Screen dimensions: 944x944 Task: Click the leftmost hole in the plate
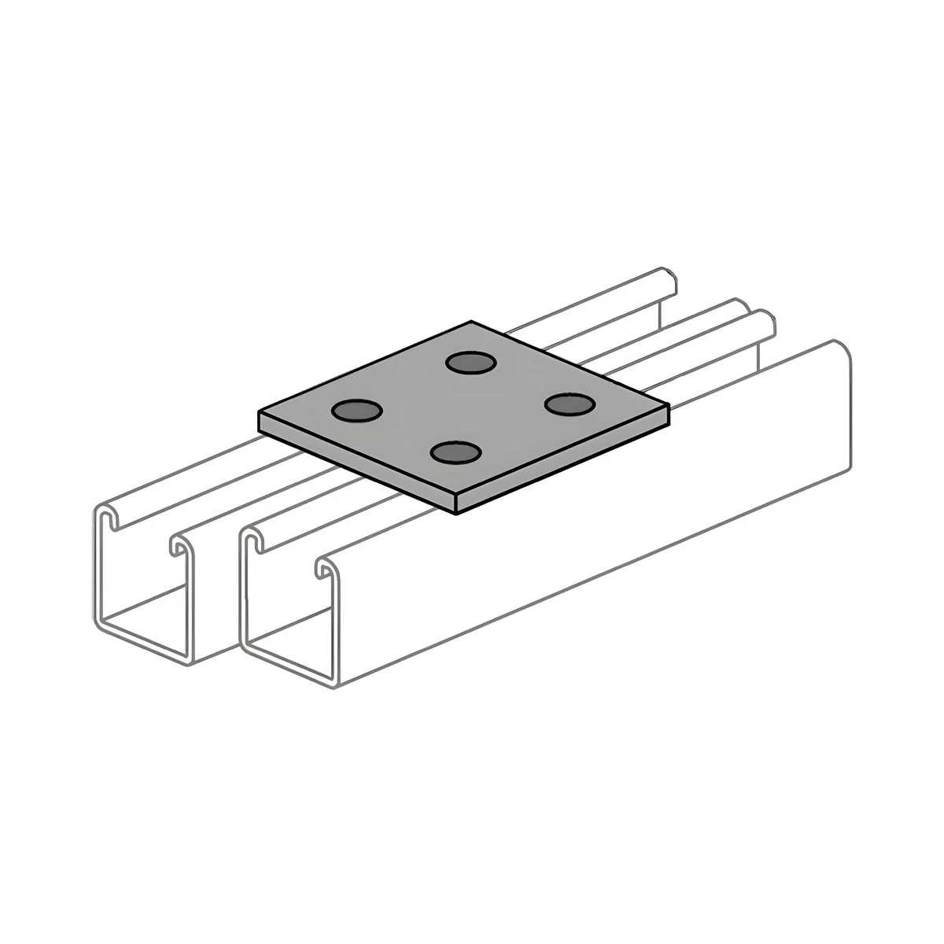(x=356, y=410)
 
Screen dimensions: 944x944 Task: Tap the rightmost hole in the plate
(x=569, y=404)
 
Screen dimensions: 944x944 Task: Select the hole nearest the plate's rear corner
(x=470, y=362)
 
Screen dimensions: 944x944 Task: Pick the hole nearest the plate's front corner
(x=456, y=453)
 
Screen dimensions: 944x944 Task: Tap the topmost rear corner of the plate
(x=471, y=322)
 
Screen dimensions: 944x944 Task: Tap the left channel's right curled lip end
(x=177, y=548)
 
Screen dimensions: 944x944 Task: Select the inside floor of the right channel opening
(x=287, y=649)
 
